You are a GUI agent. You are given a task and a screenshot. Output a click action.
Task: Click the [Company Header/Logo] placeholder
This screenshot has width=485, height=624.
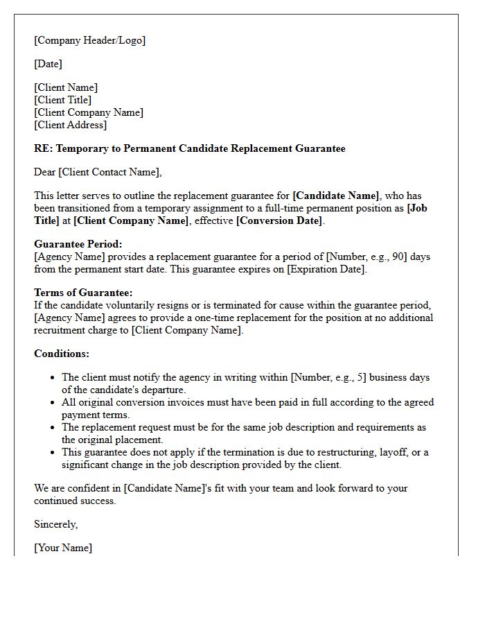point(89,40)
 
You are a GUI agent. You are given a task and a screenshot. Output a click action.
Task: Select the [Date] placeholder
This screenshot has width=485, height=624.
point(48,64)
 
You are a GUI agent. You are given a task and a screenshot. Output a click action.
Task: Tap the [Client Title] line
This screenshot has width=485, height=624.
point(62,100)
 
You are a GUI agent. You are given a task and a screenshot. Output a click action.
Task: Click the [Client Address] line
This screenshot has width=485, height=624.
point(70,125)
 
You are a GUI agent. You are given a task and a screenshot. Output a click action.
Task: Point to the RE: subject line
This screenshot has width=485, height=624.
point(189,148)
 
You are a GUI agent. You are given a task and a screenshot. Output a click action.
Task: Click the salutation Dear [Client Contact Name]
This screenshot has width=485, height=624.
point(98,172)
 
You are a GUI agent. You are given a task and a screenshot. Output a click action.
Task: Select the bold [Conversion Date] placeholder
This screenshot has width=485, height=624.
point(279,220)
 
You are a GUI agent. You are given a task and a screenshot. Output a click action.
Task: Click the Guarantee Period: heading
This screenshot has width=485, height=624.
point(78,244)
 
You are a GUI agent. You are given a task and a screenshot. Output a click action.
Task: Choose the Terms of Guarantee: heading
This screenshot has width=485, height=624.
point(83,293)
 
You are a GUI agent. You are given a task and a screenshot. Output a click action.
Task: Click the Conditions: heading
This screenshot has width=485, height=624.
point(62,354)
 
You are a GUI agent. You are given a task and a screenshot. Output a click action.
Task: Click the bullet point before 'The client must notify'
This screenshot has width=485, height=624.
point(53,378)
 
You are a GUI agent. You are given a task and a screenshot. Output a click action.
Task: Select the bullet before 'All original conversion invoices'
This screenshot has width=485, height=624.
point(53,403)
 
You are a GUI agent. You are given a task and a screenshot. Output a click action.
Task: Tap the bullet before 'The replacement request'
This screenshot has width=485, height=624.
point(53,428)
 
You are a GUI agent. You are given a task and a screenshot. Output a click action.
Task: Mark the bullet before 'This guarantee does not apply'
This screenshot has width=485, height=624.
point(53,453)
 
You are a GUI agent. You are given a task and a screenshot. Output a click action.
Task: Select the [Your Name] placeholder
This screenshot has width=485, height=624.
point(62,548)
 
